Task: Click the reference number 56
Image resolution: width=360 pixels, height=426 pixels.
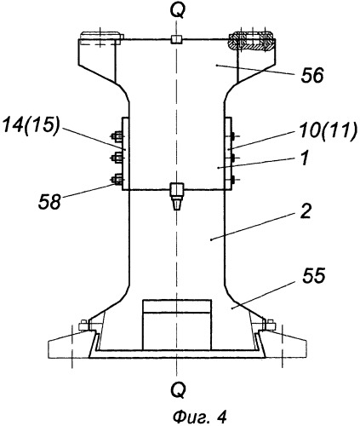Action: (x=312, y=76)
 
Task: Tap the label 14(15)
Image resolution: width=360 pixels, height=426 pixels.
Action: (x=31, y=125)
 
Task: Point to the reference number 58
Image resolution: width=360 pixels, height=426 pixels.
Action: (x=49, y=202)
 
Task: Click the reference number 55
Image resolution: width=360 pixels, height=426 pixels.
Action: (x=314, y=275)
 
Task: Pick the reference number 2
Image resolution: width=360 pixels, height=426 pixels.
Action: (x=306, y=211)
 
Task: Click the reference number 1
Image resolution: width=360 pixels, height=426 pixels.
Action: (x=305, y=158)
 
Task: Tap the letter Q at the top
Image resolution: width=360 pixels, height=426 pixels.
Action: (x=178, y=12)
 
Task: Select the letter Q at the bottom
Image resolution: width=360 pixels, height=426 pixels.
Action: (x=179, y=389)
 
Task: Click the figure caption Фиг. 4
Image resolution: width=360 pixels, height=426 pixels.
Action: (x=200, y=417)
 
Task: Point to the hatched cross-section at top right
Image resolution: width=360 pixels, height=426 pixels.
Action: (x=251, y=42)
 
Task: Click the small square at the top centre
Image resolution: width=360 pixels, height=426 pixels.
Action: (x=176, y=39)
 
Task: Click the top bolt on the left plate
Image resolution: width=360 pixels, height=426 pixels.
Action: (x=117, y=136)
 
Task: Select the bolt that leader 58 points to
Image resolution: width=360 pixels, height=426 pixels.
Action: (x=117, y=180)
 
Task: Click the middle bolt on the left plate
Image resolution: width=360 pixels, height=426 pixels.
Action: (x=117, y=158)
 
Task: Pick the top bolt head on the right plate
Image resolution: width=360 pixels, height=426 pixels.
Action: (x=233, y=136)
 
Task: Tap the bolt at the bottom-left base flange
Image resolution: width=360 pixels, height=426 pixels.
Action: (x=84, y=325)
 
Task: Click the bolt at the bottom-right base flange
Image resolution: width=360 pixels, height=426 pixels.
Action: (x=269, y=325)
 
